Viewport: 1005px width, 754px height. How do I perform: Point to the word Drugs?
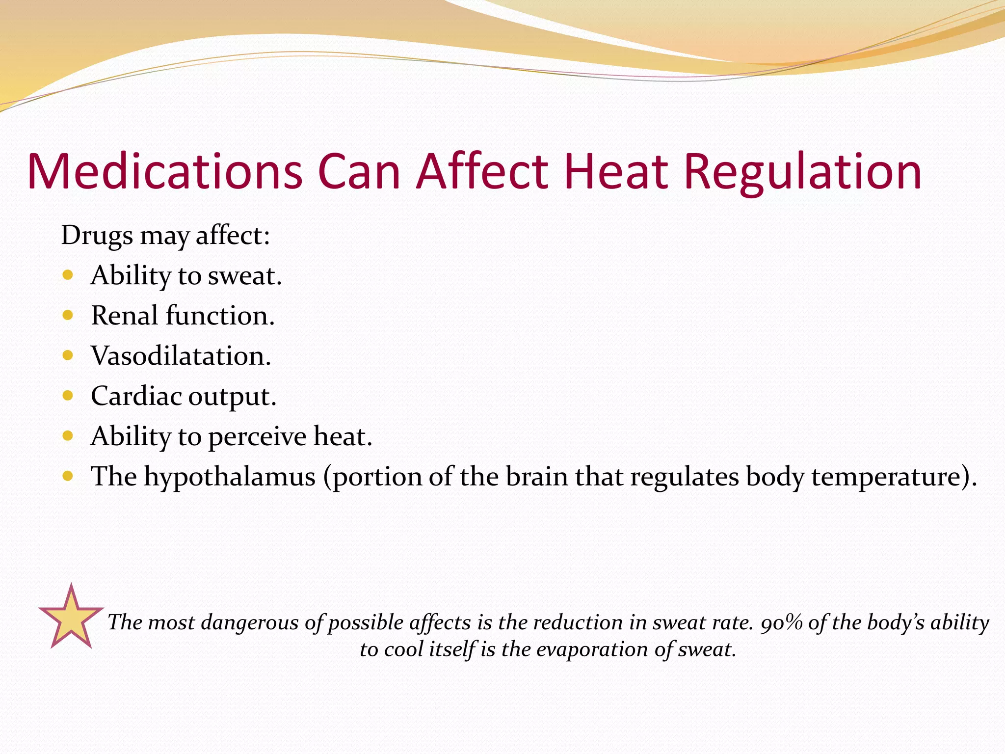point(97,236)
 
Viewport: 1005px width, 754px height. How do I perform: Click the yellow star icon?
point(71,619)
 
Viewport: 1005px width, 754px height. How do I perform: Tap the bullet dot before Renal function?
point(68,315)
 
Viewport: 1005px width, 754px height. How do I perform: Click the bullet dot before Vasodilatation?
point(68,355)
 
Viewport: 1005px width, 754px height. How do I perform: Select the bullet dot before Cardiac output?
point(68,395)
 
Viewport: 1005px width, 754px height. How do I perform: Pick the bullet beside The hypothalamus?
point(68,476)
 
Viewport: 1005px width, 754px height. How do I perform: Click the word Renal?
point(124,315)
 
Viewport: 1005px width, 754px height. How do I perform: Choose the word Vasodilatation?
point(181,355)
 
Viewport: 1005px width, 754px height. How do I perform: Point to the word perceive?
point(257,437)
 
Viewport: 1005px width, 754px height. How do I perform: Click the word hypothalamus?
point(230,477)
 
